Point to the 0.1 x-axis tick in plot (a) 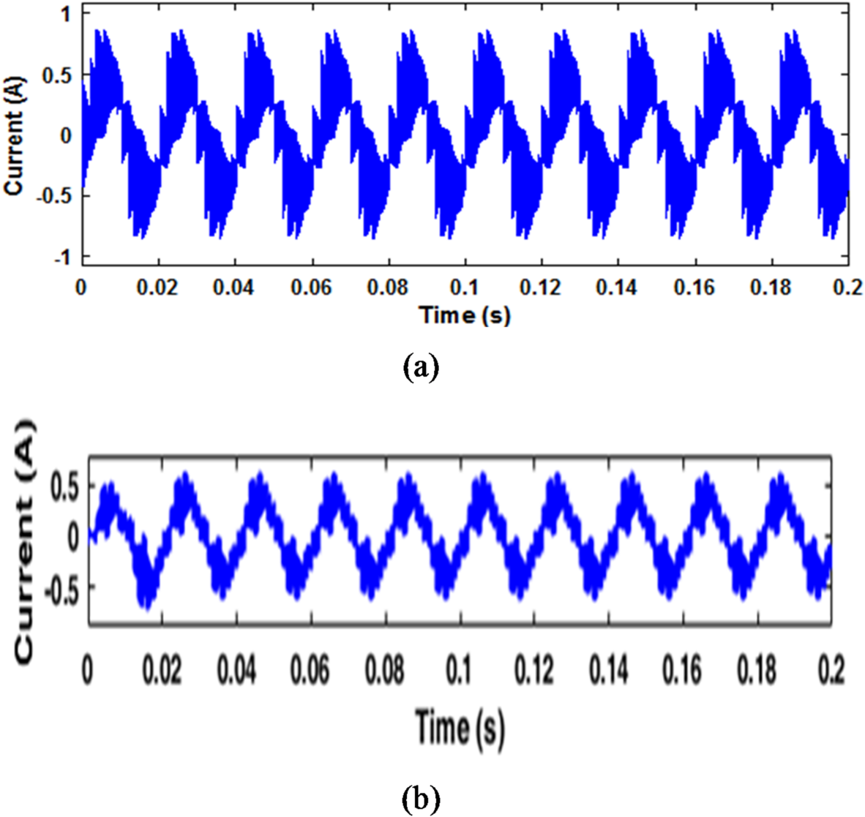pos(465,287)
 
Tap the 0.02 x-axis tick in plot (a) pos(158,287)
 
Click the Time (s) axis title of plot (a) pos(465,315)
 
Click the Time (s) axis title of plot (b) pos(460,728)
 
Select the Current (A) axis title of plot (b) pos(26,540)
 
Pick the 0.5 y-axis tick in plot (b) pos(63,487)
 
